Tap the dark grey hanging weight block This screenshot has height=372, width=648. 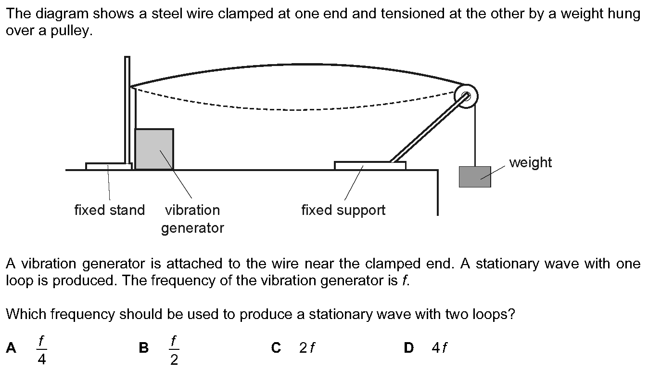click(475, 177)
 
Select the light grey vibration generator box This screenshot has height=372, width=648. click(154, 149)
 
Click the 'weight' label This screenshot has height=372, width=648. click(531, 162)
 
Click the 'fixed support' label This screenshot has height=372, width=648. click(343, 210)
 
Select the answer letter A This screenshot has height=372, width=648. click(11, 347)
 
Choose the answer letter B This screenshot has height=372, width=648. click(144, 347)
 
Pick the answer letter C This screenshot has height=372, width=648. click(276, 347)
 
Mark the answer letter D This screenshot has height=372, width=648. click(409, 347)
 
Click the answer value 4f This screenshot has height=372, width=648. click(439, 347)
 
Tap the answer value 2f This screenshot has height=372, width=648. click(307, 347)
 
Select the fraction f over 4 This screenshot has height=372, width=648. click(42, 350)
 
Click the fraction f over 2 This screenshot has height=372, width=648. click(174, 350)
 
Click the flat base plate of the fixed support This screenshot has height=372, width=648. click(370, 165)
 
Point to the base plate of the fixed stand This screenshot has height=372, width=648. click(109, 166)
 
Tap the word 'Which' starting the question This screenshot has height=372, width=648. click(26, 314)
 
